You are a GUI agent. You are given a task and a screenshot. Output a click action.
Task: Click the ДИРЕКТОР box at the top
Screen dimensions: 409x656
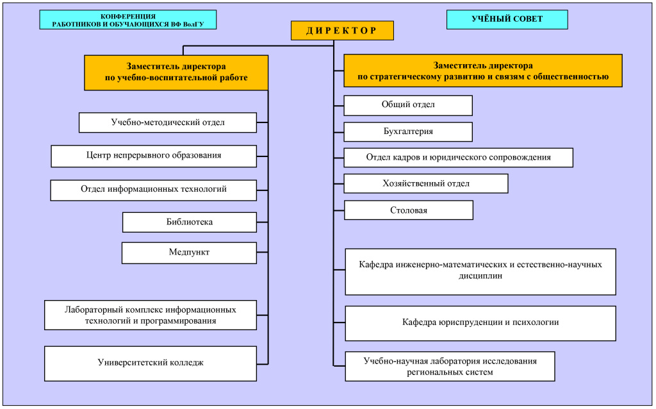341,31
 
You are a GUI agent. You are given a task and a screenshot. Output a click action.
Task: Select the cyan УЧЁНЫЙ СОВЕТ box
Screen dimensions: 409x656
507,19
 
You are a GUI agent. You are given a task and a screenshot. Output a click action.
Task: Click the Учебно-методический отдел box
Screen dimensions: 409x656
168,122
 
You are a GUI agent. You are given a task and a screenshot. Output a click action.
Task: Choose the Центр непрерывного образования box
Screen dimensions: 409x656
154,156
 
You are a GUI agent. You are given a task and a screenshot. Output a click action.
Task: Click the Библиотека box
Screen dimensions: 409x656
189,222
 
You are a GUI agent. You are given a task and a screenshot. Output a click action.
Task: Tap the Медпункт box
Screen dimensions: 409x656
189,253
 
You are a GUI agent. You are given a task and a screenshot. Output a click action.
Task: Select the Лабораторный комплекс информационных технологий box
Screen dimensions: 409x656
151,315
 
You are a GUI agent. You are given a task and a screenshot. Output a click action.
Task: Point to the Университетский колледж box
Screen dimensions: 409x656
151,363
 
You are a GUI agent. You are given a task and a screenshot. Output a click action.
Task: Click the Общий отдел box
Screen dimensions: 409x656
408,105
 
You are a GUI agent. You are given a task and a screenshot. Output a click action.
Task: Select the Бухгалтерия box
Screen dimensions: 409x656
408,131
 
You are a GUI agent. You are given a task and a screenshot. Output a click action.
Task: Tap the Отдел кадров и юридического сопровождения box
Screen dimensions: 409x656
458,157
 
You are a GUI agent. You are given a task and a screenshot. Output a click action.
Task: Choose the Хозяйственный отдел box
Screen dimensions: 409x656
426,183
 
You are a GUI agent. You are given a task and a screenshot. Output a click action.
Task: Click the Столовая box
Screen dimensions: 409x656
409,210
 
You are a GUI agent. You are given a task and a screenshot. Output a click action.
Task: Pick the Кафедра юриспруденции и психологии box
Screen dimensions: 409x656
480,322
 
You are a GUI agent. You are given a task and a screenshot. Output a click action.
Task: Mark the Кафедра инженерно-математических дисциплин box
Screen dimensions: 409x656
480,271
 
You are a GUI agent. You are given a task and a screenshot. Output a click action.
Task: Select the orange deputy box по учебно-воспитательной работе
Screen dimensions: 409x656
176,72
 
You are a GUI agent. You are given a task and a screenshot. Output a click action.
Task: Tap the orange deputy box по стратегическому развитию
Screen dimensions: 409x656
483,71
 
